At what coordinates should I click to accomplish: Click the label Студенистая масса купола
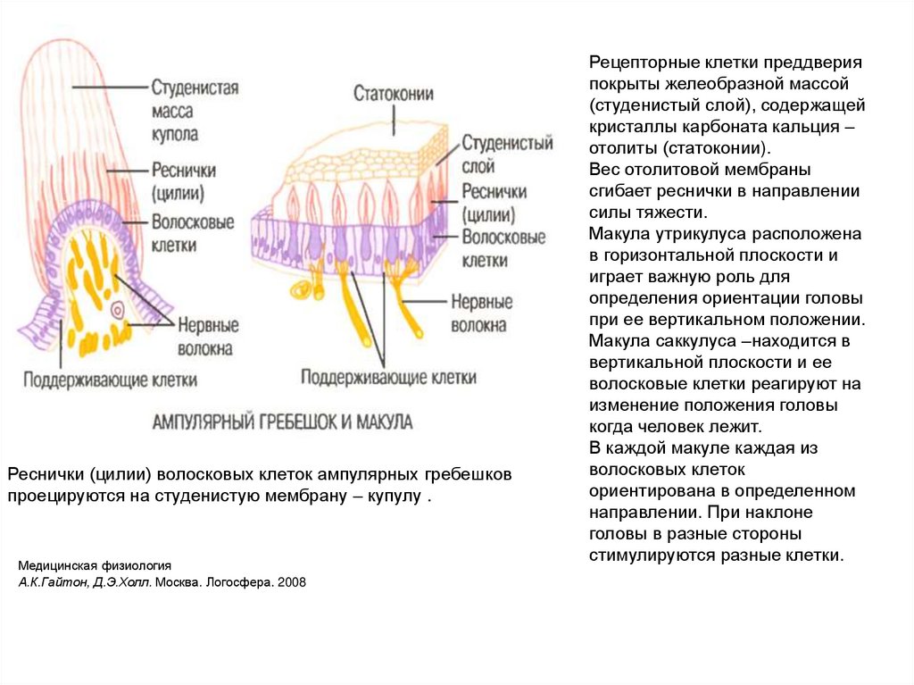point(194,112)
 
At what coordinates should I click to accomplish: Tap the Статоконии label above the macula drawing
point(394,94)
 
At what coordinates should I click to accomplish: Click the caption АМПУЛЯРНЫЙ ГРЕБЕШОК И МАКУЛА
point(282,422)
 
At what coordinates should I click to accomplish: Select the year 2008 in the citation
point(292,582)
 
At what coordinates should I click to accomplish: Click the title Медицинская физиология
point(94,566)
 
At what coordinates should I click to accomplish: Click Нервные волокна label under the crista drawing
point(206,337)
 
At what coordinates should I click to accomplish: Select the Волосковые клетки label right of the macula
point(503,249)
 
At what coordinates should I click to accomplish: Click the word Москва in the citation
point(186,582)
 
